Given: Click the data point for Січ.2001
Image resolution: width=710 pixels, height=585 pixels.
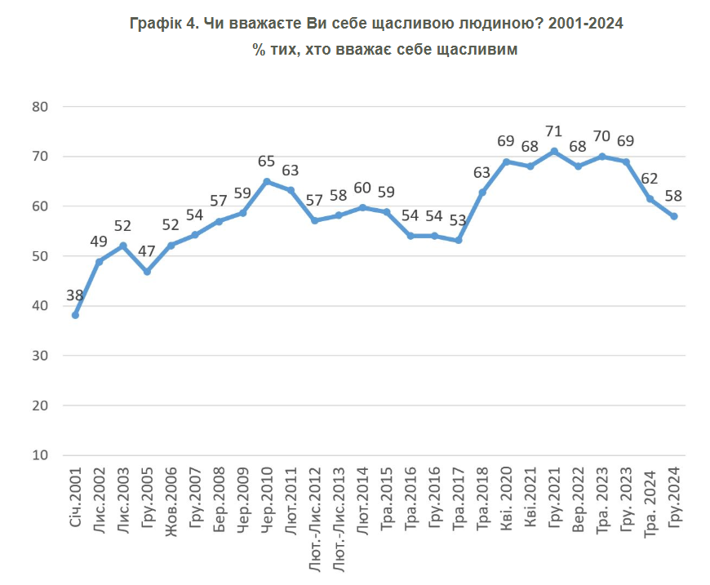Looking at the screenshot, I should pos(76,314).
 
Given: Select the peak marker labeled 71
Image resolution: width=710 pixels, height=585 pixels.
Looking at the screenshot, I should pos(554,151).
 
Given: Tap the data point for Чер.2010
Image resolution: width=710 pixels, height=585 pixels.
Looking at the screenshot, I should pos(267,181).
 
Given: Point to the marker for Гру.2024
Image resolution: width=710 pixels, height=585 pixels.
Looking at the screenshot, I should pos(674,216).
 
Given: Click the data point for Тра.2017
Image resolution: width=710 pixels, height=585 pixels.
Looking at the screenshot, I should pos(459,240).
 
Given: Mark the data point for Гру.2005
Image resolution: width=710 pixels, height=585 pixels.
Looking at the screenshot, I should pos(147,272).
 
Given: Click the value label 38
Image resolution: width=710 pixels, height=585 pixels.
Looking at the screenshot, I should pos(76,296).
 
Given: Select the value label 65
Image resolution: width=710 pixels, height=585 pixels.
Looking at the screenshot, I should pos(267,162).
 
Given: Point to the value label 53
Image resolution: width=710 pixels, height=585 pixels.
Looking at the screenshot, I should pos(459,221).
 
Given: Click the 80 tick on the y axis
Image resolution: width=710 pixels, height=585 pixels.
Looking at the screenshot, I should pos(41,107).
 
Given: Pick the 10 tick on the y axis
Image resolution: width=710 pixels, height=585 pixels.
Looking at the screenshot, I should pos(41,455).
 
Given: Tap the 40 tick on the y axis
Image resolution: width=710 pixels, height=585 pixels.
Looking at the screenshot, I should pos(41,306).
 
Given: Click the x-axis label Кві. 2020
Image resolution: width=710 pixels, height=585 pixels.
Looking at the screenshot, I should pos(507,500).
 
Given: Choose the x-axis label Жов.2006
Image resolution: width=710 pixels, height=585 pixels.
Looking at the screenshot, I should pos(171,500).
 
